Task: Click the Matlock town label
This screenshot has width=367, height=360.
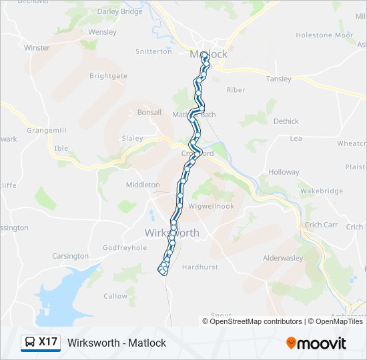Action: [x=208, y=55]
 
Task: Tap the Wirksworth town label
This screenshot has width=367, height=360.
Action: [x=171, y=233]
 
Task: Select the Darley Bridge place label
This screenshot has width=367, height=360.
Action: [x=120, y=12]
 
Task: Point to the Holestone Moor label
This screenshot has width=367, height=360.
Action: [x=324, y=35]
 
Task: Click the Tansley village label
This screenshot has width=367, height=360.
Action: [x=279, y=79]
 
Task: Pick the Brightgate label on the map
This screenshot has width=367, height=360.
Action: [x=108, y=76]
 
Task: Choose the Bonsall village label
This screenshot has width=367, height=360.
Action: [x=149, y=113]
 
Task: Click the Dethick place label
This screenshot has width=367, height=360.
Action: [x=286, y=121]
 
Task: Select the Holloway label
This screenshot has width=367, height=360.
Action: [x=284, y=172]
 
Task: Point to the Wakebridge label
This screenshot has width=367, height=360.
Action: [x=316, y=191]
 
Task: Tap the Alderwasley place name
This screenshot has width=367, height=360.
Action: [x=283, y=258]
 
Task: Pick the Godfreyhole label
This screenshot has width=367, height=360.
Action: [x=124, y=248]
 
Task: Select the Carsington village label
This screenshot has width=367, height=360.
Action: [x=70, y=256]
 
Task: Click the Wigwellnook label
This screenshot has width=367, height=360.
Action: [x=211, y=207]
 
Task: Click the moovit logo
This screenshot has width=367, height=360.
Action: [x=316, y=343]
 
